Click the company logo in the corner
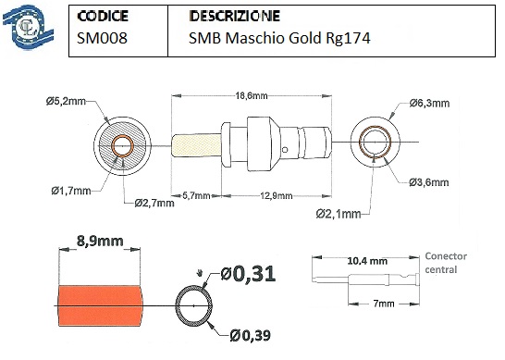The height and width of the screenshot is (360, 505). (x=28, y=28)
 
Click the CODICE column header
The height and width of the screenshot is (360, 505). (x=103, y=16)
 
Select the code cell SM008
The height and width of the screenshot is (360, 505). (x=102, y=38)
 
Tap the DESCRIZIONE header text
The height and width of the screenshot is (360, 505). (x=235, y=16)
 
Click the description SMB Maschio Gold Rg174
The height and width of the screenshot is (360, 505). (x=279, y=39)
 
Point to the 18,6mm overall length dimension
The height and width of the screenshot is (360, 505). (x=252, y=95)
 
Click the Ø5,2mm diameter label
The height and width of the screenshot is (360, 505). (x=66, y=102)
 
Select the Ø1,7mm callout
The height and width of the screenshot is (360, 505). (x=71, y=192)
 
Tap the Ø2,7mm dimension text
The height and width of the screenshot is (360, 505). (x=154, y=203)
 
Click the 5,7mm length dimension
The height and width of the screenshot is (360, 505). (x=196, y=195)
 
